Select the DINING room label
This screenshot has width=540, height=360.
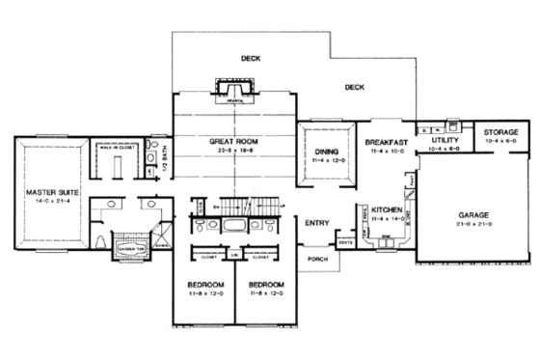[324, 152]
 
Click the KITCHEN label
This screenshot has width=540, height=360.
[387, 209]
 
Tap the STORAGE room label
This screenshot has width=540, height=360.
[501, 131]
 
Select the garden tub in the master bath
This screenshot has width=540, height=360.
[130, 246]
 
